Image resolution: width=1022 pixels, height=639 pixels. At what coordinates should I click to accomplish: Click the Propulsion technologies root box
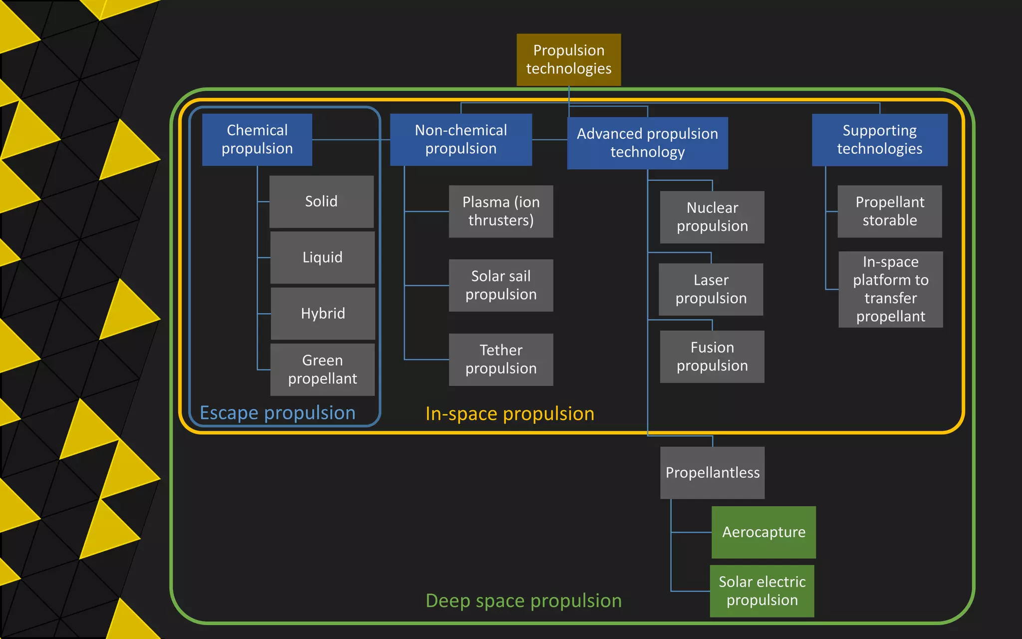coord(568,59)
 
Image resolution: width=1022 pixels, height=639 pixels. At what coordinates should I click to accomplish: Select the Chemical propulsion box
coord(257,139)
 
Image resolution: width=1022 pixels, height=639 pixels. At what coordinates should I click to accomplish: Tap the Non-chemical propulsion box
coord(461,139)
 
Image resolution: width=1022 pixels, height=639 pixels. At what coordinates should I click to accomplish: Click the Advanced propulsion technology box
coord(647,143)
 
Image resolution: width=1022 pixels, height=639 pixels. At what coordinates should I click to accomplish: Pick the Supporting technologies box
coord(879,139)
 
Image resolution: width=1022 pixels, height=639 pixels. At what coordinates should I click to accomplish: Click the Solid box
coord(321,201)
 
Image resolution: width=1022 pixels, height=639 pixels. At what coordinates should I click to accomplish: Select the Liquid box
coord(322,257)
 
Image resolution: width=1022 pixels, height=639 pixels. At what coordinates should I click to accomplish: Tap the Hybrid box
coord(323,313)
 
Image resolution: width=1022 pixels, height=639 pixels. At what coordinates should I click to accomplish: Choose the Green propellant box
coord(322,369)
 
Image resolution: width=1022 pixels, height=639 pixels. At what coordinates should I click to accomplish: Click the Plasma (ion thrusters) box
coord(501,211)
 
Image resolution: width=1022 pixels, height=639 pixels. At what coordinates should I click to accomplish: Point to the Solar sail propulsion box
coord(501,285)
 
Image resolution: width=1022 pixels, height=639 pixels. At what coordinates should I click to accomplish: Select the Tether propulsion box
coord(501,359)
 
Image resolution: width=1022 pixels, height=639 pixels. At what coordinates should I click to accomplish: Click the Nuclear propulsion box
coord(712,217)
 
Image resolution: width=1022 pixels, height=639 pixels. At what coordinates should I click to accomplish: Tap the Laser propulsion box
coord(711,289)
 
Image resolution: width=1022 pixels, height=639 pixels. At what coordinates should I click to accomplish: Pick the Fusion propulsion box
coord(712,356)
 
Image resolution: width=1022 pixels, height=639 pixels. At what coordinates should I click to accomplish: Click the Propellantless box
coord(712,472)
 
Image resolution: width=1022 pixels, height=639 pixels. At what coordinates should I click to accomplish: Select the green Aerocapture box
coord(764,532)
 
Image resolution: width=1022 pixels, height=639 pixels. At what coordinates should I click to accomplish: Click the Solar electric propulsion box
coord(762,591)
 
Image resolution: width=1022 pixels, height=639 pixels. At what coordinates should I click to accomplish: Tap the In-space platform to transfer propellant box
coord(890,289)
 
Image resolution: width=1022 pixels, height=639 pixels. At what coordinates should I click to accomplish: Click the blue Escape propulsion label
coord(277,413)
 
